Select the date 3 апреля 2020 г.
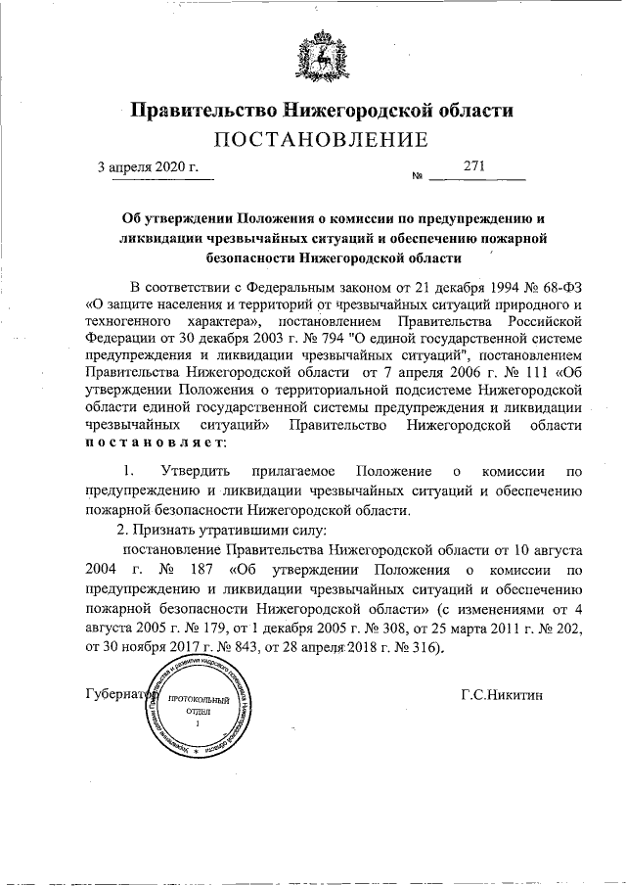coord(154,166)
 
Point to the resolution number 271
coord(476,166)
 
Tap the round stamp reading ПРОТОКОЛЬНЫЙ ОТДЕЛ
coord(197,714)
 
